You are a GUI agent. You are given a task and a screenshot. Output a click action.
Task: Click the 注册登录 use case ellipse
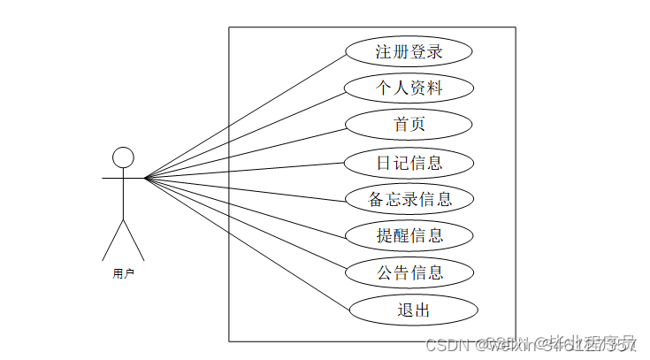pyautogui.click(x=409, y=51)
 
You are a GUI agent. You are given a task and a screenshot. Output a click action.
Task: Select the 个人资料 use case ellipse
pyautogui.click(x=409, y=88)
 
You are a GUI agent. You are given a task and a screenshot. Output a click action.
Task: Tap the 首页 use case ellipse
pyautogui.click(x=409, y=125)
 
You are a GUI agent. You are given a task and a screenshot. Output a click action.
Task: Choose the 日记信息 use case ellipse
pyautogui.click(x=409, y=162)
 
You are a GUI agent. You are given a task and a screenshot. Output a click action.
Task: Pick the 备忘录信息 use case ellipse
pyautogui.click(x=409, y=199)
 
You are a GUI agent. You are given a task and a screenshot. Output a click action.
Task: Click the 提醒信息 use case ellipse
pyautogui.click(x=409, y=235)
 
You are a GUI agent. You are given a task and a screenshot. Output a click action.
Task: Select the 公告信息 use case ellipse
pyautogui.click(x=409, y=272)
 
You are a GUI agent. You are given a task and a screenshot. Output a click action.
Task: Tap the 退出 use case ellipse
pyautogui.click(x=413, y=310)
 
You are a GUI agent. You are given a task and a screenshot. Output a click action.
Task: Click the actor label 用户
pyautogui.click(x=123, y=274)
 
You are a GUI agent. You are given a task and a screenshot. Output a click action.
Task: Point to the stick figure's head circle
pyautogui.click(x=123, y=157)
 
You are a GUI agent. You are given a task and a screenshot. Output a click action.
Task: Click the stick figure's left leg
pyautogui.click(x=112, y=239)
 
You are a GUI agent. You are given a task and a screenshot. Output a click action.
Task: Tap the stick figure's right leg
pyautogui.click(x=134, y=239)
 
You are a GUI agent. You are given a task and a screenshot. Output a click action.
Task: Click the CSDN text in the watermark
pyautogui.click(x=446, y=344)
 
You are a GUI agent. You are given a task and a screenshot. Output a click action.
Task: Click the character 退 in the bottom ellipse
pyautogui.click(x=404, y=310)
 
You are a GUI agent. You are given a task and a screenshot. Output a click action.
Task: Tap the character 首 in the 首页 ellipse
pyautogui.click(x=401, y=125)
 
